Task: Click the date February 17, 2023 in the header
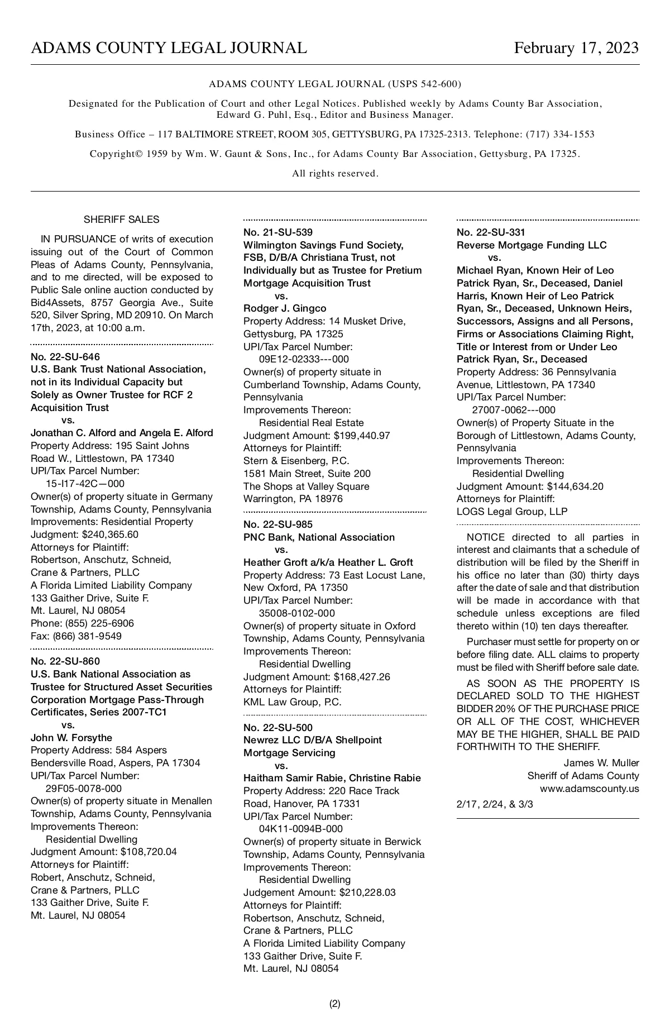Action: pos(576,48)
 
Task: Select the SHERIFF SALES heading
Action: pos(121,219)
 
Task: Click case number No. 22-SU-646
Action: pos(65,357)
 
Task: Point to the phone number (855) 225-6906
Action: pos(99,623)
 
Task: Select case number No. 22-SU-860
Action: pos(65,662)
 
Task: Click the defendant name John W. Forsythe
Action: pos(71,738)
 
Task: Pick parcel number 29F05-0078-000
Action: pos(84,789)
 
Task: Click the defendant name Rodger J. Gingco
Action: pos(285,308)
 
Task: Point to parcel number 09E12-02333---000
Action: pos(304,359)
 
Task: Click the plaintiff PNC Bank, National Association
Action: pos(319,537)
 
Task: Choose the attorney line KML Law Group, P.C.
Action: pos(292,702)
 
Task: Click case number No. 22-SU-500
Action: pos(278,728)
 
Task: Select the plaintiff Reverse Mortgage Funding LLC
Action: pos(531,245)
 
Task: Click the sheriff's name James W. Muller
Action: pos(601,763)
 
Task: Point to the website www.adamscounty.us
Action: pos(589,789)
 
